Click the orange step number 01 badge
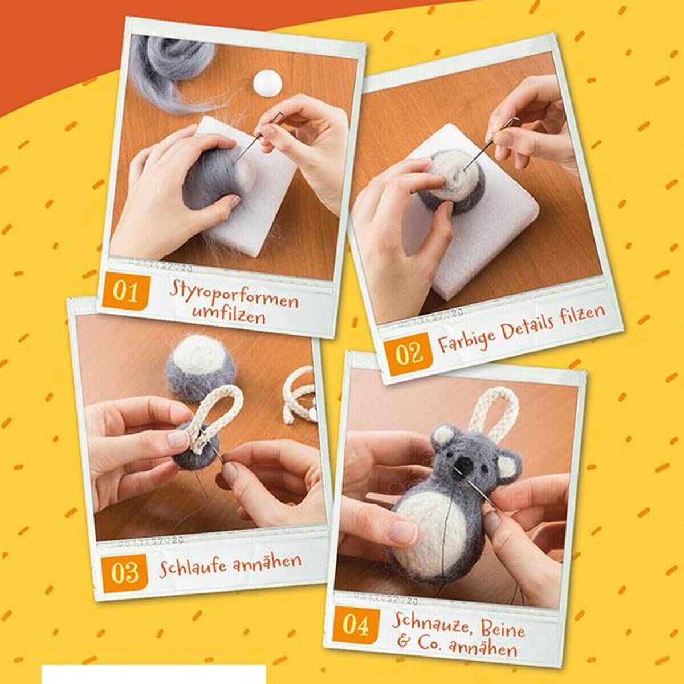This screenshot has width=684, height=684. click(x=126, y=292)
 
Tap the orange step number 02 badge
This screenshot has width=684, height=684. click(x=409, y=354)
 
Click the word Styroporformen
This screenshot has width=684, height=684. click(x=234, y=298)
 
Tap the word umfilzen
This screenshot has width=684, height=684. click(x=229, y=315)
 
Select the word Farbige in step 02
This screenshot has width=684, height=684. click(x=466, y=337)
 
